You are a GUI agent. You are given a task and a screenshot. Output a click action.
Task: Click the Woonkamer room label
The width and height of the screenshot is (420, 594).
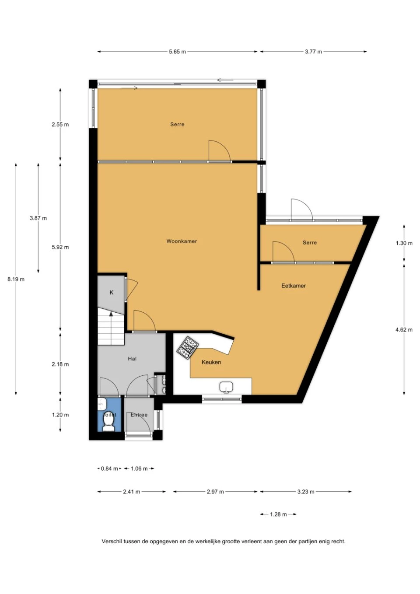tap(182, 241)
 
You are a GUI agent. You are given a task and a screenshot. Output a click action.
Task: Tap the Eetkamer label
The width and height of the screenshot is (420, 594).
tap(294, 286)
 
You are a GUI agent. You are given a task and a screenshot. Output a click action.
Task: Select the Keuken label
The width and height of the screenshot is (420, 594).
tap(211, 362)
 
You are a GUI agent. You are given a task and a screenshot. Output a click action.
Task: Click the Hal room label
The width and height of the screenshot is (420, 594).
tap(132, 359)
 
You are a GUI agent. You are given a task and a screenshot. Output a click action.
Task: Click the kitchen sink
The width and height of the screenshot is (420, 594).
tap(226, 387)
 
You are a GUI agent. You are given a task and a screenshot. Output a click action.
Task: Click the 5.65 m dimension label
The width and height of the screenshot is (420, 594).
tap(177, 52)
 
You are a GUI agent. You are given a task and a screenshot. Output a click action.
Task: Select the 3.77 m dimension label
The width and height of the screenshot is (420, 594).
tap(313, 52)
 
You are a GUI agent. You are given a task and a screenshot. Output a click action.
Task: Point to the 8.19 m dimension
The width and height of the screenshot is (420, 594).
tap(16, 279)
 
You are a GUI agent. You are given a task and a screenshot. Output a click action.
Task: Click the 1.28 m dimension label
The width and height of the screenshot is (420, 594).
tap(278, 514)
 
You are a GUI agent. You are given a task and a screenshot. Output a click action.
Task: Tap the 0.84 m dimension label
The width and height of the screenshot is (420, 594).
tap(109, 468)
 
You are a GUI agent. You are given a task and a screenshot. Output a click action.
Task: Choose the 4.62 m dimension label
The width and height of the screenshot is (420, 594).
tap(404, 330)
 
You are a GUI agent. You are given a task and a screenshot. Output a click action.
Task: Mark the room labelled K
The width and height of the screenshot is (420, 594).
tap(112, 293)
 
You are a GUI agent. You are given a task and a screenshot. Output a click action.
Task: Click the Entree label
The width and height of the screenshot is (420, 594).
tap(139, 415)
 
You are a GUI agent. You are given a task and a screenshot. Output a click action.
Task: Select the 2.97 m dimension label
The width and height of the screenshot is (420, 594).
tap(215, 492)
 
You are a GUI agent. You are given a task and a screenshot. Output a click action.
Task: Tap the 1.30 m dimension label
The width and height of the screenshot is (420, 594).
tap(404, 243)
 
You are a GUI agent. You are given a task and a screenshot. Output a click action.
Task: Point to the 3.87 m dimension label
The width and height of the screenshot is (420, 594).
tap(38, 218)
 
